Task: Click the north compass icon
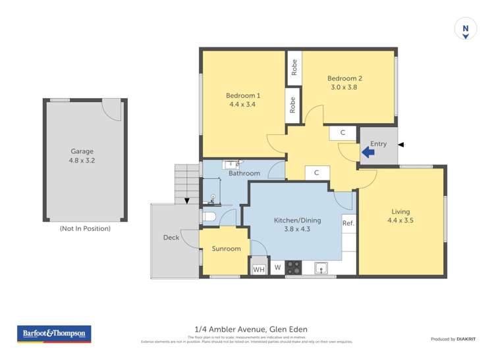pos(466,29)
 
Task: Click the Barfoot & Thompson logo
pos(53,334)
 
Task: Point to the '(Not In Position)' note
pos(85,228)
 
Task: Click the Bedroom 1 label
pos(243,95)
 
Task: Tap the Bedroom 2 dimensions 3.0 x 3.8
pos(344,88)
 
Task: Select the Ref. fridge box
pos(348,224)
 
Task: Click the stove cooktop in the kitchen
pos(293,267)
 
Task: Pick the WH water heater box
pos(259,269)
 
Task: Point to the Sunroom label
pos(225,249)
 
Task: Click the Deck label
pos(171,238)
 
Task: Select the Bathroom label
pos(244,173)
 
